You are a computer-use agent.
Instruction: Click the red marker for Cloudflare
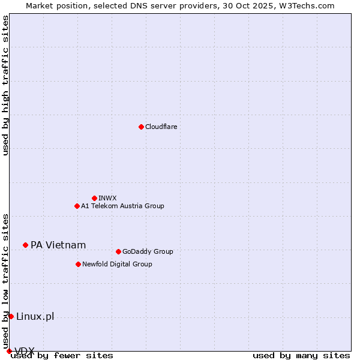141,127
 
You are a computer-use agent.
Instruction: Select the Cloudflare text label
161,127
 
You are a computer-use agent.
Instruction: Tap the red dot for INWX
94,198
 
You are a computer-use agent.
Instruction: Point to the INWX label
107,198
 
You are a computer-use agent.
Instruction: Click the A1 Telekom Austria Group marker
77,206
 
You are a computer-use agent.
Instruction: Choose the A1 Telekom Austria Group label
122,206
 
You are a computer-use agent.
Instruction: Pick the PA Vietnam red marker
25,245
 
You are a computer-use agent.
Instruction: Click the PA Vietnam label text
58,245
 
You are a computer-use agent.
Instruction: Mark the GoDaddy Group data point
118,251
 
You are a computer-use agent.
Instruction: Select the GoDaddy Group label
147,251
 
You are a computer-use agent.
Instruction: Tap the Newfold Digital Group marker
78,264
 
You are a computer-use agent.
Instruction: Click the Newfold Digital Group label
117,264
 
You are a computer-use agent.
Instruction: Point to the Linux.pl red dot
11,316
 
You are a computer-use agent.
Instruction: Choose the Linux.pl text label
35,316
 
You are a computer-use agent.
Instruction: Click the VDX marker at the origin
9,351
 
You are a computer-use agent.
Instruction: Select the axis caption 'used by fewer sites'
62,355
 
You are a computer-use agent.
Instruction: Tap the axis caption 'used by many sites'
301,355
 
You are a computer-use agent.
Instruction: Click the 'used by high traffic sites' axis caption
5,85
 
